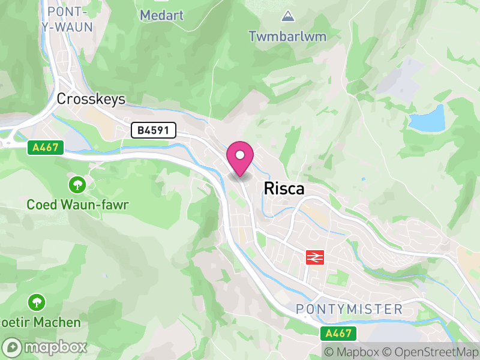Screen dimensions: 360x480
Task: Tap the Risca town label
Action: point(284,188)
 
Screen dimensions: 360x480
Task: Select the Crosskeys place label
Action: point(91,99)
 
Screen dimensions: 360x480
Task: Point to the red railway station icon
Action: point(314,257)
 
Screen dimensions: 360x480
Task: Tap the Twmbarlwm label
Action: point(287,36)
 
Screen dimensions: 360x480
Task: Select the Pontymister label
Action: point(349,309)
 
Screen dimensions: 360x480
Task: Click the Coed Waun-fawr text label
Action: point(78,205)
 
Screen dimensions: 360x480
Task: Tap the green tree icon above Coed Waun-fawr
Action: point(77,184)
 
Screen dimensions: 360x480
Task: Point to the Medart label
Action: point(161,15)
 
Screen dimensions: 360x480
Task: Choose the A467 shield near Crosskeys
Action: point(46,147)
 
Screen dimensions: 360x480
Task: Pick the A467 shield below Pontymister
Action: point(338,333)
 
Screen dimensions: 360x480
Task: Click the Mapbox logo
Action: point(46,347)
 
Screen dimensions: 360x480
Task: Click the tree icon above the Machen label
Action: point(37,301)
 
